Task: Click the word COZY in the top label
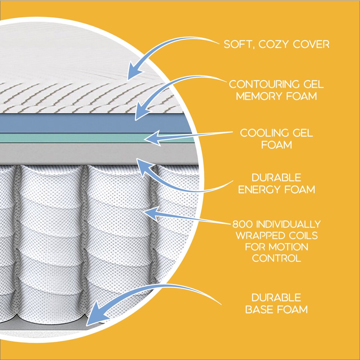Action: tap(274, 44)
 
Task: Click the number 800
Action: tap(243, 224)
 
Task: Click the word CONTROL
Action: tap(276, 258)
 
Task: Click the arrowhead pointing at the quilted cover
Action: tap(134, 72)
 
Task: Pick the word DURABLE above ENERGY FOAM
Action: tap(276, 178)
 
